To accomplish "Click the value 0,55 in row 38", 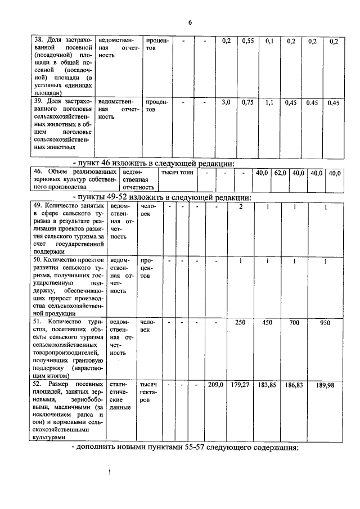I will tap(248, 42).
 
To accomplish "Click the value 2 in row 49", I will tap(240, 208).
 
